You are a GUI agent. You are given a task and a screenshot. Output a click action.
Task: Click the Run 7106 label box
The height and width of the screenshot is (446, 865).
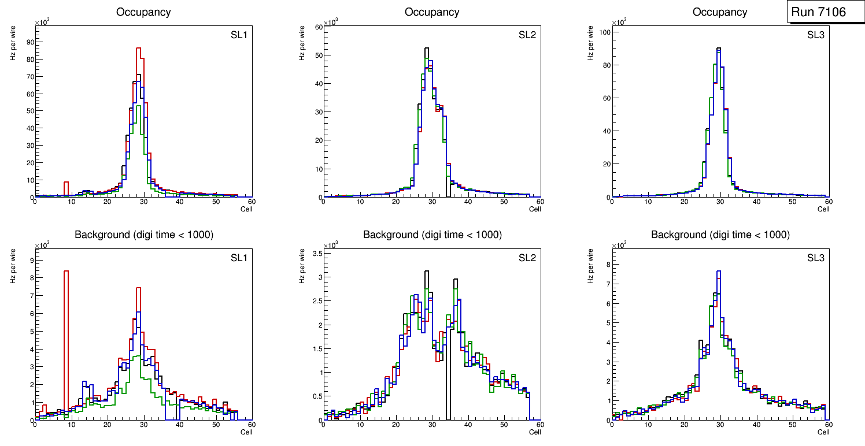(825, 12)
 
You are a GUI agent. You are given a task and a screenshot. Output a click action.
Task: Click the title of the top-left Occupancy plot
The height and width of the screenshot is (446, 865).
(143, 12)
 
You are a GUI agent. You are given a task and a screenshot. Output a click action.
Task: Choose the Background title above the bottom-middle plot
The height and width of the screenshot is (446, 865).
(432, 235)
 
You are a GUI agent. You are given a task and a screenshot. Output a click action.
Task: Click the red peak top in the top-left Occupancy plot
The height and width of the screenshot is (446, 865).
(139, 49)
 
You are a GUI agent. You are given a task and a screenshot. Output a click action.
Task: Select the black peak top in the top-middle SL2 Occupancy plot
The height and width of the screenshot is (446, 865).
(427, 49)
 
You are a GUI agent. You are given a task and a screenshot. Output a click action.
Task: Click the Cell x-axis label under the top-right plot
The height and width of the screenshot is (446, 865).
(823, 209)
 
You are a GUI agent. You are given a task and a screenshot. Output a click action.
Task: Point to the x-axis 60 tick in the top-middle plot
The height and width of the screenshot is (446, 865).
(539, 202)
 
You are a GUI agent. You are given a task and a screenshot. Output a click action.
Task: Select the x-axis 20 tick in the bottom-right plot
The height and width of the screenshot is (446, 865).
(684, 425)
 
